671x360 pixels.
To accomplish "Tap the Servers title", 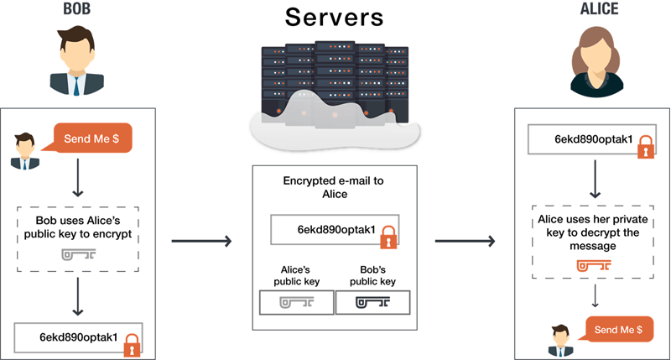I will point(335,16).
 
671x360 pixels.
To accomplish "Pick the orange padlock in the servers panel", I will point(388,239).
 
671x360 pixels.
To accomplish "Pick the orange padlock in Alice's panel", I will point(644,149).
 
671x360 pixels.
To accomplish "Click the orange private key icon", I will point(593,267).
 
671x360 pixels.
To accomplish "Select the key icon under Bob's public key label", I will point(372,302).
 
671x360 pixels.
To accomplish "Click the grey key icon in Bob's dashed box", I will point(78,253).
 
